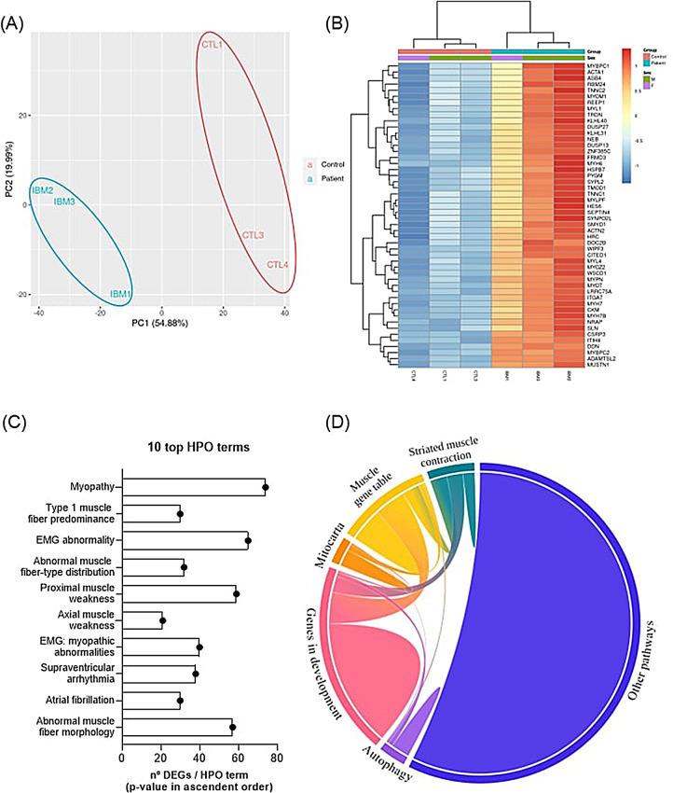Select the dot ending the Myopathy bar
tap(266, 486)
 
